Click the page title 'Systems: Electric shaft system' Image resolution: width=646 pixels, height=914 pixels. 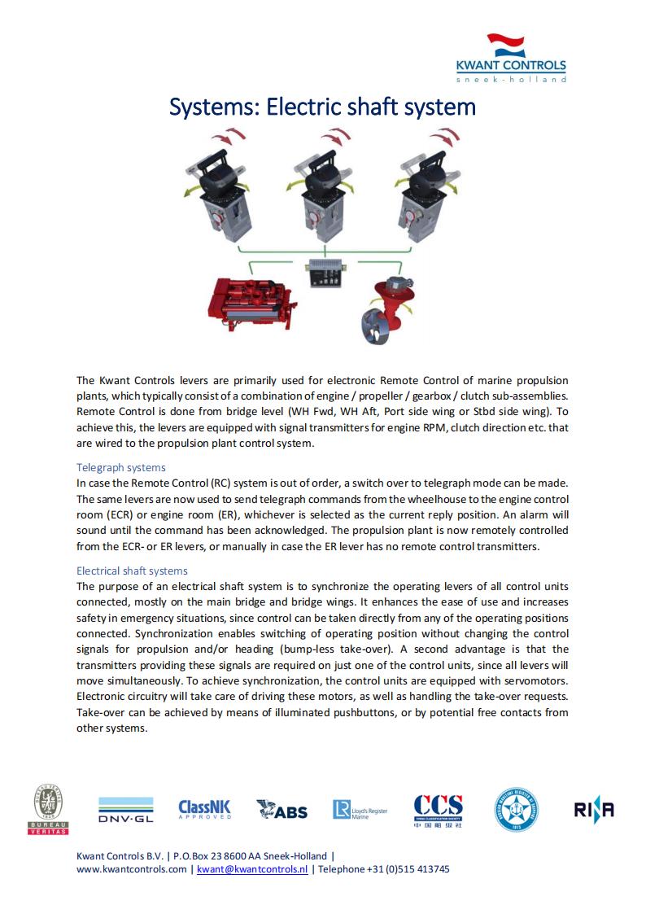pos(322,107)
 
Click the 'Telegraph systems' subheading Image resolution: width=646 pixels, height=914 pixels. pos(120,467)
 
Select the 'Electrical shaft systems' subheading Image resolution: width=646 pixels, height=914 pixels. pos(132,571)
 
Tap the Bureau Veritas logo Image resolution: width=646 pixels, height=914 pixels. pos(50,810)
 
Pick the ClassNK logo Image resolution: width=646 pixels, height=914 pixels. pos(204,809)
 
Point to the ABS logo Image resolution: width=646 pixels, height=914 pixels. pos(282,810)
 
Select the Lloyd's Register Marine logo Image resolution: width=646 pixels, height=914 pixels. pos(360,810)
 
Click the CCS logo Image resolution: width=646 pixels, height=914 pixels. pos(438,810)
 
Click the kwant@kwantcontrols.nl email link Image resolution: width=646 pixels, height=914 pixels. pos(252,869)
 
